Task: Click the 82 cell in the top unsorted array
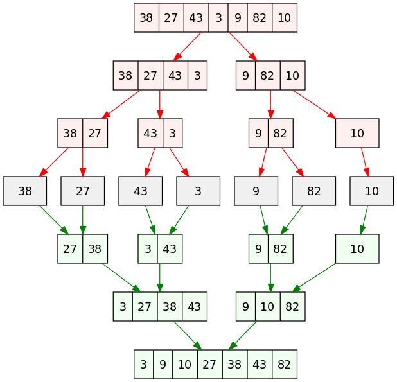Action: coord(260,18)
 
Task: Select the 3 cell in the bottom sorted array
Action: coord(143,364)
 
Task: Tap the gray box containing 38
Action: coord(25,191)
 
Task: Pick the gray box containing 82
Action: coord(314,191)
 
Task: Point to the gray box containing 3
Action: coord(198,191)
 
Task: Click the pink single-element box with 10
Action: coord(357,133)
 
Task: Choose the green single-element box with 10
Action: coord(357,248)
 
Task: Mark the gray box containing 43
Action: coord(141,191)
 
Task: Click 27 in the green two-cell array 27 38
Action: coord(70,248)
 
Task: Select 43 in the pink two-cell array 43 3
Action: coord(150,133)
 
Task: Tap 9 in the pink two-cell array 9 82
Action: coord(258,133)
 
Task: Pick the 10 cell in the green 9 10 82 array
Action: coord(268,307)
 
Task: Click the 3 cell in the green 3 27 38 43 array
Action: coord(123,307)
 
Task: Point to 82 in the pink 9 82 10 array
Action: coord(268,75)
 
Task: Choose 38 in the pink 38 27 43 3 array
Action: coord(125,75)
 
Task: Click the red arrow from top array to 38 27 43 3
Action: coord(188,47)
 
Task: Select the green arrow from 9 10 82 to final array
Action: coord(243,335)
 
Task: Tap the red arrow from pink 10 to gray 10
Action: coord(365,162)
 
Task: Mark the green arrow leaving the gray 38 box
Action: coord(54,220)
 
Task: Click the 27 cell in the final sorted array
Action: coord(210,364)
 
